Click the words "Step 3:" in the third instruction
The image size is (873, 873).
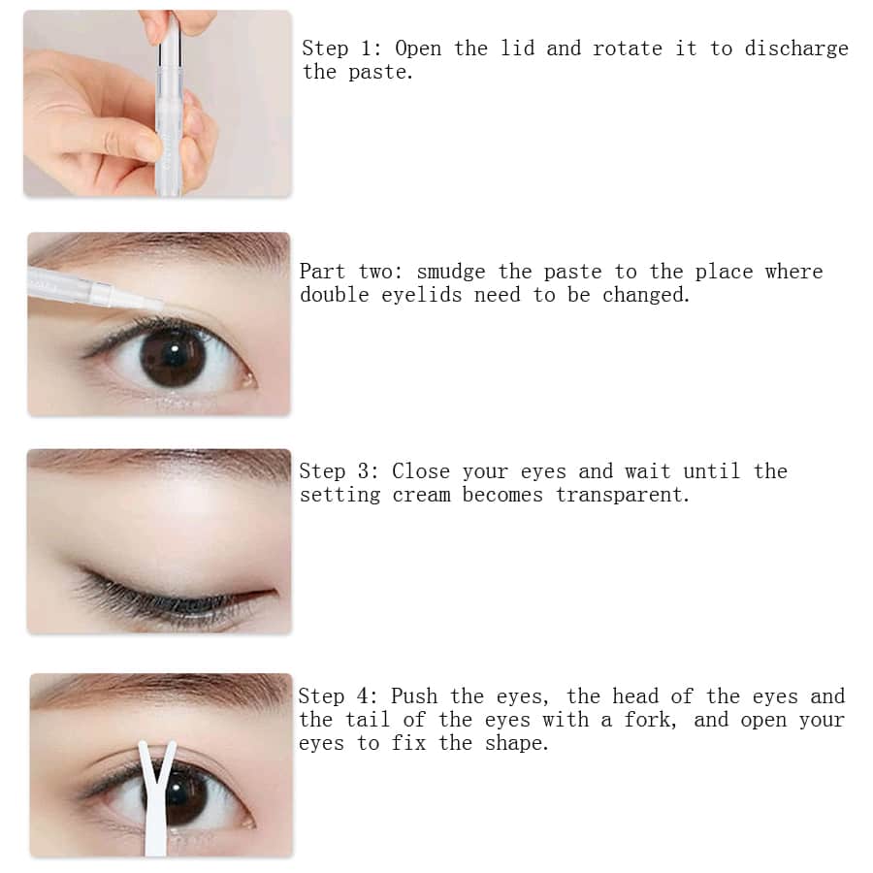(339, 471)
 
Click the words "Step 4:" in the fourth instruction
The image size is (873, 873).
(339, 696)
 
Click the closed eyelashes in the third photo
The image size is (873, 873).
(155, 597)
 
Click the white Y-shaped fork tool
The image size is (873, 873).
(155, 791)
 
